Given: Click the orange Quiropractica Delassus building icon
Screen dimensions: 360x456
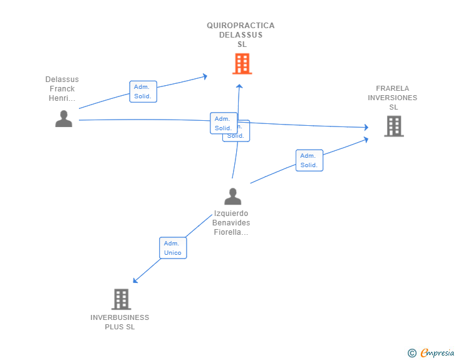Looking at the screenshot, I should (242, 63).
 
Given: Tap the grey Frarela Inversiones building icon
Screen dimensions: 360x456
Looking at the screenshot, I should (393, 126).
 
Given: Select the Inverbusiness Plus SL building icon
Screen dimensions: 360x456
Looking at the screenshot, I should (121, 299).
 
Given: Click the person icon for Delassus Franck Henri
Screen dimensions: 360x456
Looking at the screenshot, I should (64, 118).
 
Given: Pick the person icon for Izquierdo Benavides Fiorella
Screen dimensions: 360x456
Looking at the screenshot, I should (232, 197).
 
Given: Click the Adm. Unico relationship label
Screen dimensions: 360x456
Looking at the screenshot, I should (173, 248).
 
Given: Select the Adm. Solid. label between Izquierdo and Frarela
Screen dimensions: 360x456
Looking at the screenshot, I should (309, 160).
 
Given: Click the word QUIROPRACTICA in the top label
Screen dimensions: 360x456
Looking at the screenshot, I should (241, 26).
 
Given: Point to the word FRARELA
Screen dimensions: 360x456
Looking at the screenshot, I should (393, 88).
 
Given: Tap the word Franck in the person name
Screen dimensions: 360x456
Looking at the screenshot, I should (62, 89).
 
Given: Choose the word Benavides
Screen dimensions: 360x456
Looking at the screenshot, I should (231, 223).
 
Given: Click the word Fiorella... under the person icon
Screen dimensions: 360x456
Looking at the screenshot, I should (231, 232).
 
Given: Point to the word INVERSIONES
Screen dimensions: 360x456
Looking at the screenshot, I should (393, 98).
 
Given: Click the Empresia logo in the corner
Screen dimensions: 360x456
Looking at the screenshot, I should (437, 353).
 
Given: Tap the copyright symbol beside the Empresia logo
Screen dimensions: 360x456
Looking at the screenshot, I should (412, 353).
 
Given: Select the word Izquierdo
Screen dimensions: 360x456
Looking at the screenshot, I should (231, 213).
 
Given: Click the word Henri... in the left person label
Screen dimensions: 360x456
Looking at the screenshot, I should (62, 98).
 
